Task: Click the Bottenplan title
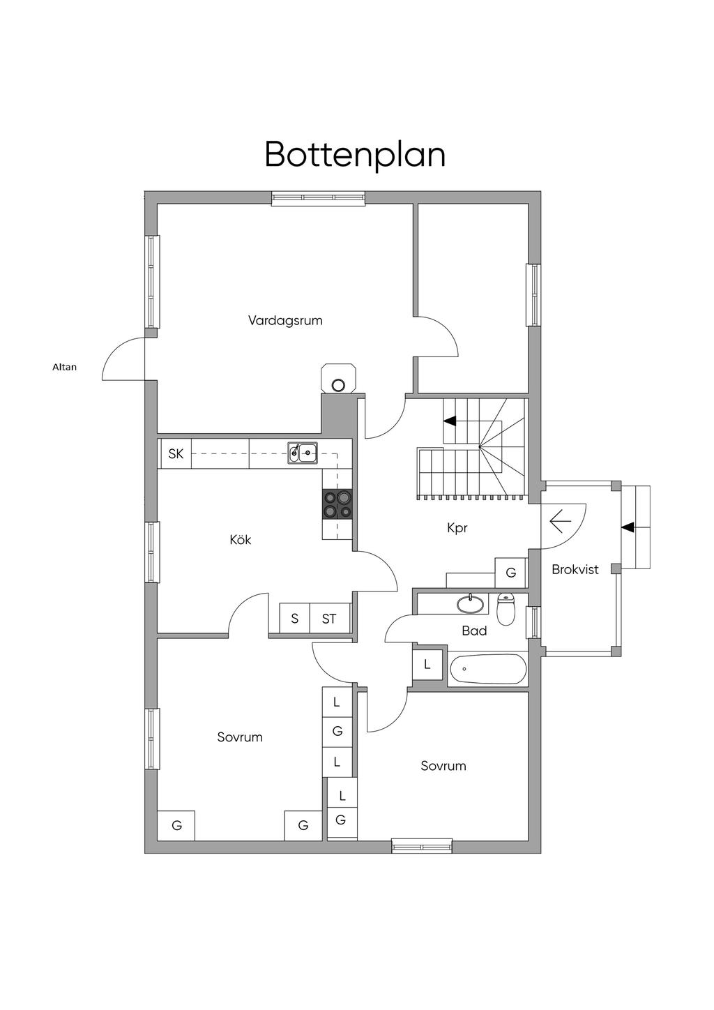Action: [355, 154]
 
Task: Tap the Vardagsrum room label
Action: [285, 321]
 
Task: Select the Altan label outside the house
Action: [65, 367]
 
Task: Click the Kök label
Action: [240, 540]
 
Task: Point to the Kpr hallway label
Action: [457, 528]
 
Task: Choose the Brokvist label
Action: [575, 569]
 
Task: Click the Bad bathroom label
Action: [474, 631]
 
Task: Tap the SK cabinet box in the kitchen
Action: [176, 454]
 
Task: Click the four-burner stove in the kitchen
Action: [337, 504]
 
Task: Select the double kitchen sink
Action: [303, 453]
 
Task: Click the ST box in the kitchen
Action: [329, 619]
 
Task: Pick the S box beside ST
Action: [295, 619]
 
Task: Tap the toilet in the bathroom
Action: [506, 609]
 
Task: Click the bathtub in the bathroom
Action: [488, 670]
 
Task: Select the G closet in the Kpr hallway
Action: [511, 573]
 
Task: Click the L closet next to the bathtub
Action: [427, 665]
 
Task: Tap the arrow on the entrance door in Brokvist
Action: [561, 520]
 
